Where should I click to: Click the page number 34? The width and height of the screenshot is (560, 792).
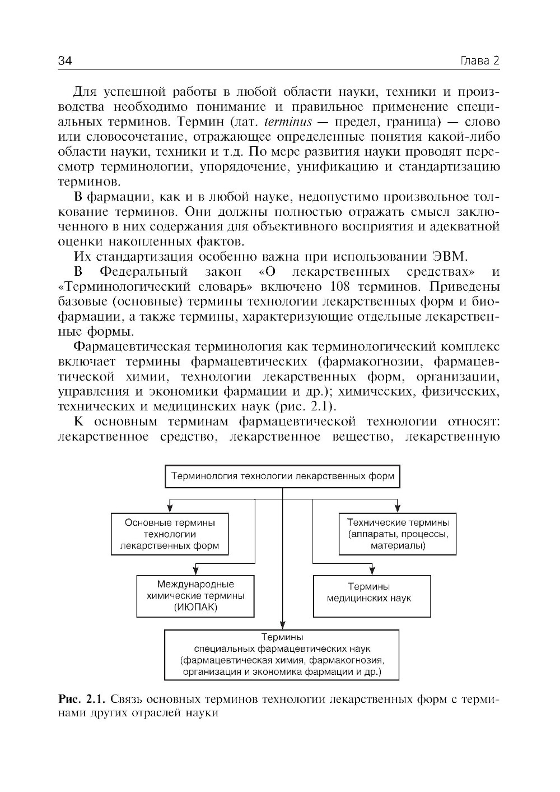pyautogui.click(x=66, y=61)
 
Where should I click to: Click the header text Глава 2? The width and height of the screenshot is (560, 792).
pyautogui.click(x=479, y=61)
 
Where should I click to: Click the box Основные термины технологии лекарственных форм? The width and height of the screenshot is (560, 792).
pyautogui.click(x=170, y=534)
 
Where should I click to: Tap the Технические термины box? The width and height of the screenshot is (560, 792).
pyautogui.click(x=398, y=534)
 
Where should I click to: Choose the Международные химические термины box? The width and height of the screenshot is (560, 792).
pyautogui.click(x=195, y=596)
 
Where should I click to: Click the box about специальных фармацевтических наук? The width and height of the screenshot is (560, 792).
pyautogui.click(x=282, y=654)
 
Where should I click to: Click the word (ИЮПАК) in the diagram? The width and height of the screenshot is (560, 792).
pyautogui.click(x=195, y=607)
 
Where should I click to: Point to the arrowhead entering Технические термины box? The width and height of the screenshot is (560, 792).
pyautogui.click(x=398, y=509)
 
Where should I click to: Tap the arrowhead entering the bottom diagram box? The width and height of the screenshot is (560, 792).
pyautogui.click(x=283, y=626)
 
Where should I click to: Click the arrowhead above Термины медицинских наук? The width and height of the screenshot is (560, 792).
pyautogui.click(x=371, y=571)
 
